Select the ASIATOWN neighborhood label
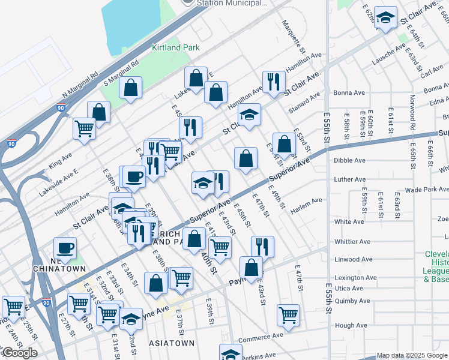170,343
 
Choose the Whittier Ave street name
352,242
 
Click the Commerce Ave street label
260,336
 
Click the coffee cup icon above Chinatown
65,247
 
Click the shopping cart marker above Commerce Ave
289,314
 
